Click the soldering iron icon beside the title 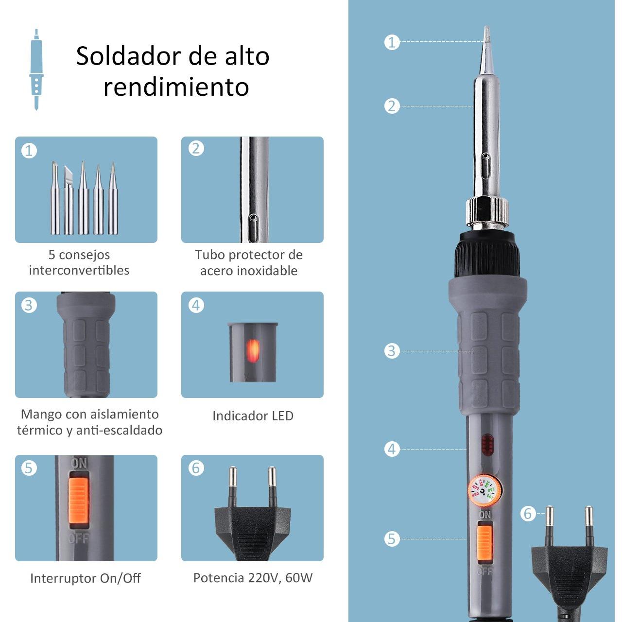click(36, 69)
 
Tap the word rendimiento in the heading click(176, 86)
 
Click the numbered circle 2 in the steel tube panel click(196, 149)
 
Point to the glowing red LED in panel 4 click(253, 350)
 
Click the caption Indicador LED click(253, 416)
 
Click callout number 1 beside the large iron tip click(392, 42)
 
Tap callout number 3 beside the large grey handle click(392, 351)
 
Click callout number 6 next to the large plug click(528, 513)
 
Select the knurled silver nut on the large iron click(487, 213)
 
